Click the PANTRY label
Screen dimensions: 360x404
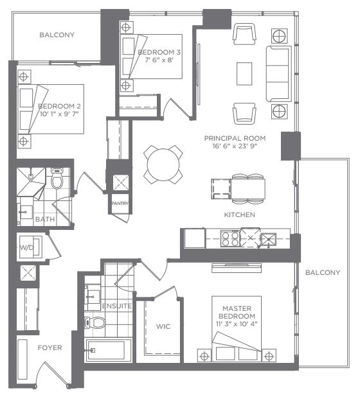pyautogui.click(x=120, y=204)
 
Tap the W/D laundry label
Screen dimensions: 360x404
pyautogui.click(x=27, y=248)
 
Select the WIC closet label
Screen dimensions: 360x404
pyautogui.click(x=163, y=326)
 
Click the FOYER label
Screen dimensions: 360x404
pyautogui.click(x=50, y=348)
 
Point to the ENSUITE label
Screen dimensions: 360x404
pyautogui.click(x=117, y=306)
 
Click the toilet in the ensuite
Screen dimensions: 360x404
pyautogui.click(x=95, y=322)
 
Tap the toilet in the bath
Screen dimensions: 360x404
pyautogui.click(x=57, y=179)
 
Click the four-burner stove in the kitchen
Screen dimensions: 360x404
pyautogui.click(x=230, y=238)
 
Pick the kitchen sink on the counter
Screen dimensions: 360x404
pyautogui.click(x=269, y=240)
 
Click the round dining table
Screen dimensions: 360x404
pyautogui.click(x=163, y=164)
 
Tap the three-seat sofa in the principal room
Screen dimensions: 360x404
pyautogui.click(x=279, y=74)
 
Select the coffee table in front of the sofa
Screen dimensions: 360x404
pyautogui.click(x=244, y=74)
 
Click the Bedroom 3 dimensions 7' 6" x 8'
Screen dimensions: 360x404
pyautogui.click(x=159, y=60)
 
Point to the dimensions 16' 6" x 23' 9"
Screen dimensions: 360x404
pyautogui.click(x=235, y=146)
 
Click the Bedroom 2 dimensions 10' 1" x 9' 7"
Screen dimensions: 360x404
pyautogui.click(x=59, y=114)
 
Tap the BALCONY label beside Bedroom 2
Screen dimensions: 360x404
pyautogui.click(x=57, y=35)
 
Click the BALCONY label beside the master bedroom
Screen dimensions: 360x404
pyautogui.click(x=323, y=272)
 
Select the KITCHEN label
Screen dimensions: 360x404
pyautogui.click(x=240, y=215)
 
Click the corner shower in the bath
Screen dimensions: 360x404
pyautogui.click(x=31, y=182)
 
